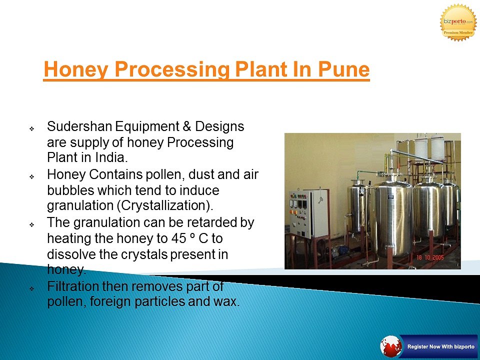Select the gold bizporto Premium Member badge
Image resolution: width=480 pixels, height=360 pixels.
(x=458, y=22)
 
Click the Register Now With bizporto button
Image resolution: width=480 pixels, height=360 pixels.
(x=440, y=346)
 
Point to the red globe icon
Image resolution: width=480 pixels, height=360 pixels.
(x=391, y=346)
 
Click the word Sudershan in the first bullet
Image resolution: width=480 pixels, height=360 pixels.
(x=79, y=126)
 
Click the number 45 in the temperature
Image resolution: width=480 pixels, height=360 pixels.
(x=178, y=238)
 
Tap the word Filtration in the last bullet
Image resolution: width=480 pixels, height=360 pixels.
(x=73, y=286)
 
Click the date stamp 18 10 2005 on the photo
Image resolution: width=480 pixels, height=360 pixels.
(x=430, y=257)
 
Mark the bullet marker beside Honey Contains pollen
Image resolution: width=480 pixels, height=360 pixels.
(x=31, y=176)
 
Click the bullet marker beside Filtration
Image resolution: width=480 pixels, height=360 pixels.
(x=31, y=288)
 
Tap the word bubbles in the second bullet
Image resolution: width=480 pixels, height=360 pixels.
(x=70, y=190)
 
